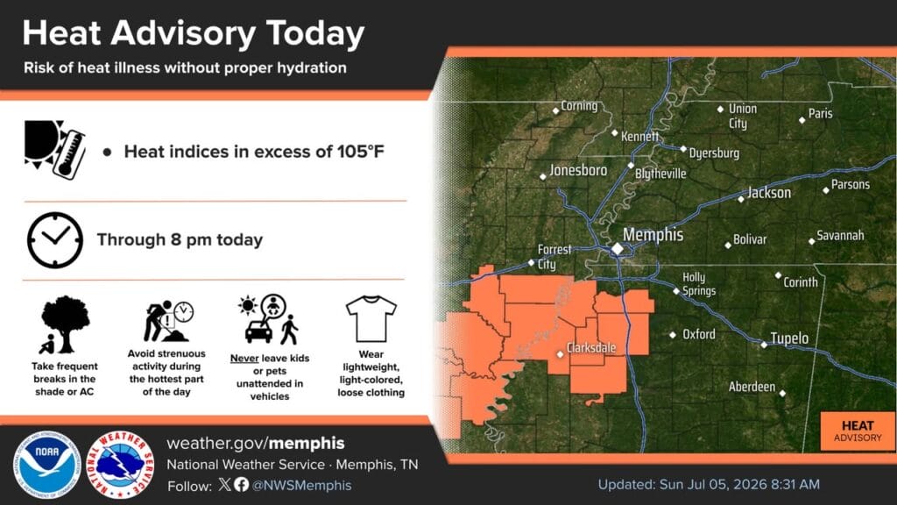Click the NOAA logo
pyautogui.click(x=47, y=465)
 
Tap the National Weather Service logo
pyautogui.click(x=120, y=465)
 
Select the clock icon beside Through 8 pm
pyautogui.click(x=55, y=240)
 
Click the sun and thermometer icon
pyautogui.click(x=55, y=149)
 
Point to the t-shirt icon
pyautogui.click(x=371, y=318)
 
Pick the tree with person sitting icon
pyautogui.click(x=65, y=324)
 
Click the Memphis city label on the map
pyautogui.click(x=653, y=235)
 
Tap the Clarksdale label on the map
pyautogui.click(x=591, y=347)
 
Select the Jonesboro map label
pyautogui.click(x=578, y=170)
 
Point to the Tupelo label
pyautogui.click(x=789, y=338)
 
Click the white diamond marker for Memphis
pyautogui.click(x=618, y=248)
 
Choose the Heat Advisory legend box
pyautogui.click(x=858, y=431)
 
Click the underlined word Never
pyautogui.click(x=244, y=359)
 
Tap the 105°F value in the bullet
pyautogui.click(x=360, y=152)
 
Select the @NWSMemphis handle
pyautogui.click(x=301, y=486)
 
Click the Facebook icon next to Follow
pyautogui.click(x=242, y=485)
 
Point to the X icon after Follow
pyautogui.click(x=225, y=485)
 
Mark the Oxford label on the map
pyautogui.click(x=698, y=334)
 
